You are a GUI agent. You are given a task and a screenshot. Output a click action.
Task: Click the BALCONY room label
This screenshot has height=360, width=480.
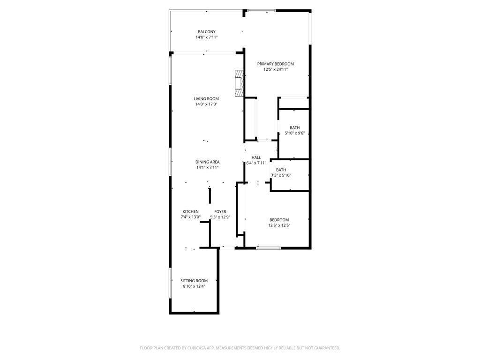[207, 31]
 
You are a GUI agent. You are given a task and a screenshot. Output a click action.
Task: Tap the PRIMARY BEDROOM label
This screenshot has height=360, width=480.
[276, 64]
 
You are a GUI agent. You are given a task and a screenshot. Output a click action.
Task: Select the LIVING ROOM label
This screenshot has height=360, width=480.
[206, 98]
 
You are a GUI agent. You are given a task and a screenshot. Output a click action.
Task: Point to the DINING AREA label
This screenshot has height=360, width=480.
[208, 162]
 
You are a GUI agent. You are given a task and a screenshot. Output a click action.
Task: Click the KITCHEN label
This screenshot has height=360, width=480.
[191, 211]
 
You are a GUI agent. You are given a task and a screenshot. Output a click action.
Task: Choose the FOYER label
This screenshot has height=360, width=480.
[220, 211]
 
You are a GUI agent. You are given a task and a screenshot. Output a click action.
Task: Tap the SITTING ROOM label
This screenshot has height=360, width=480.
[194, 281]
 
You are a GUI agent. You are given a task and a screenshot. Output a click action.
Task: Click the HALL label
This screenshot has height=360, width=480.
[256, 157]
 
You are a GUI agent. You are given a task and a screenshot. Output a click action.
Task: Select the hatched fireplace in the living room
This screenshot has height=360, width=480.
[239, 83]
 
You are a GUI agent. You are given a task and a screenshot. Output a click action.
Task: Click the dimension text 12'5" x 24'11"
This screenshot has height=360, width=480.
[276, 69]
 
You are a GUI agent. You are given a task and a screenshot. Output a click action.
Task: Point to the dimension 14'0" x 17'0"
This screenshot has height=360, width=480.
[206, 104]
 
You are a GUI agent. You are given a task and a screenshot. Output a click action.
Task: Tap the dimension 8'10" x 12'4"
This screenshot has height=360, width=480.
[194, 286]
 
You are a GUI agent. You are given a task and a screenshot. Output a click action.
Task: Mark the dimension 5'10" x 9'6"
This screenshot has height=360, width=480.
[295, 133]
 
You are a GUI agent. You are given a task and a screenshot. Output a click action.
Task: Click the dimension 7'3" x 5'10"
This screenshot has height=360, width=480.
[281, 175]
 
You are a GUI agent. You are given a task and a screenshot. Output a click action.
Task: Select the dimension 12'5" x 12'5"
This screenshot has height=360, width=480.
[279, 225]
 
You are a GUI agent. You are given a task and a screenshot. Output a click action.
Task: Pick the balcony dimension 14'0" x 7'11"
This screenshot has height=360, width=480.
[207, 37]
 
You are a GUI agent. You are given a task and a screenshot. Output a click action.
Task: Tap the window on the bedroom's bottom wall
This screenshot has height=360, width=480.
[269, 248]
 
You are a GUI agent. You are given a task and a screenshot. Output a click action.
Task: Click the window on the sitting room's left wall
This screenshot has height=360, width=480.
[170, 283]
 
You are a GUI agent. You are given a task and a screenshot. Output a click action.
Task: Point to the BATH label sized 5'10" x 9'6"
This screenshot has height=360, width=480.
[295, 127]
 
